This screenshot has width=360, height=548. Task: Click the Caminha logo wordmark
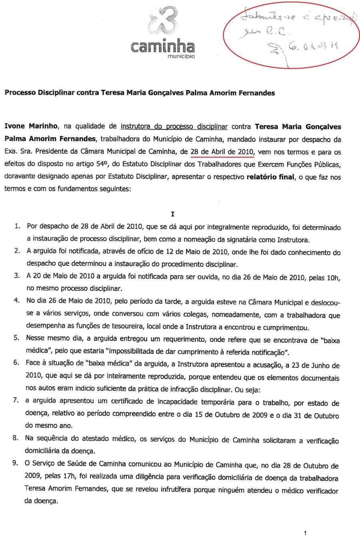click(162, 46)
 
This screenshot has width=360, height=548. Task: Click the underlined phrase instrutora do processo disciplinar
click(174, 127)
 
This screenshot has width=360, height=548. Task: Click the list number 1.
click(17, 227)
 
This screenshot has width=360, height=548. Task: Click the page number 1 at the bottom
click(305, 533)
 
